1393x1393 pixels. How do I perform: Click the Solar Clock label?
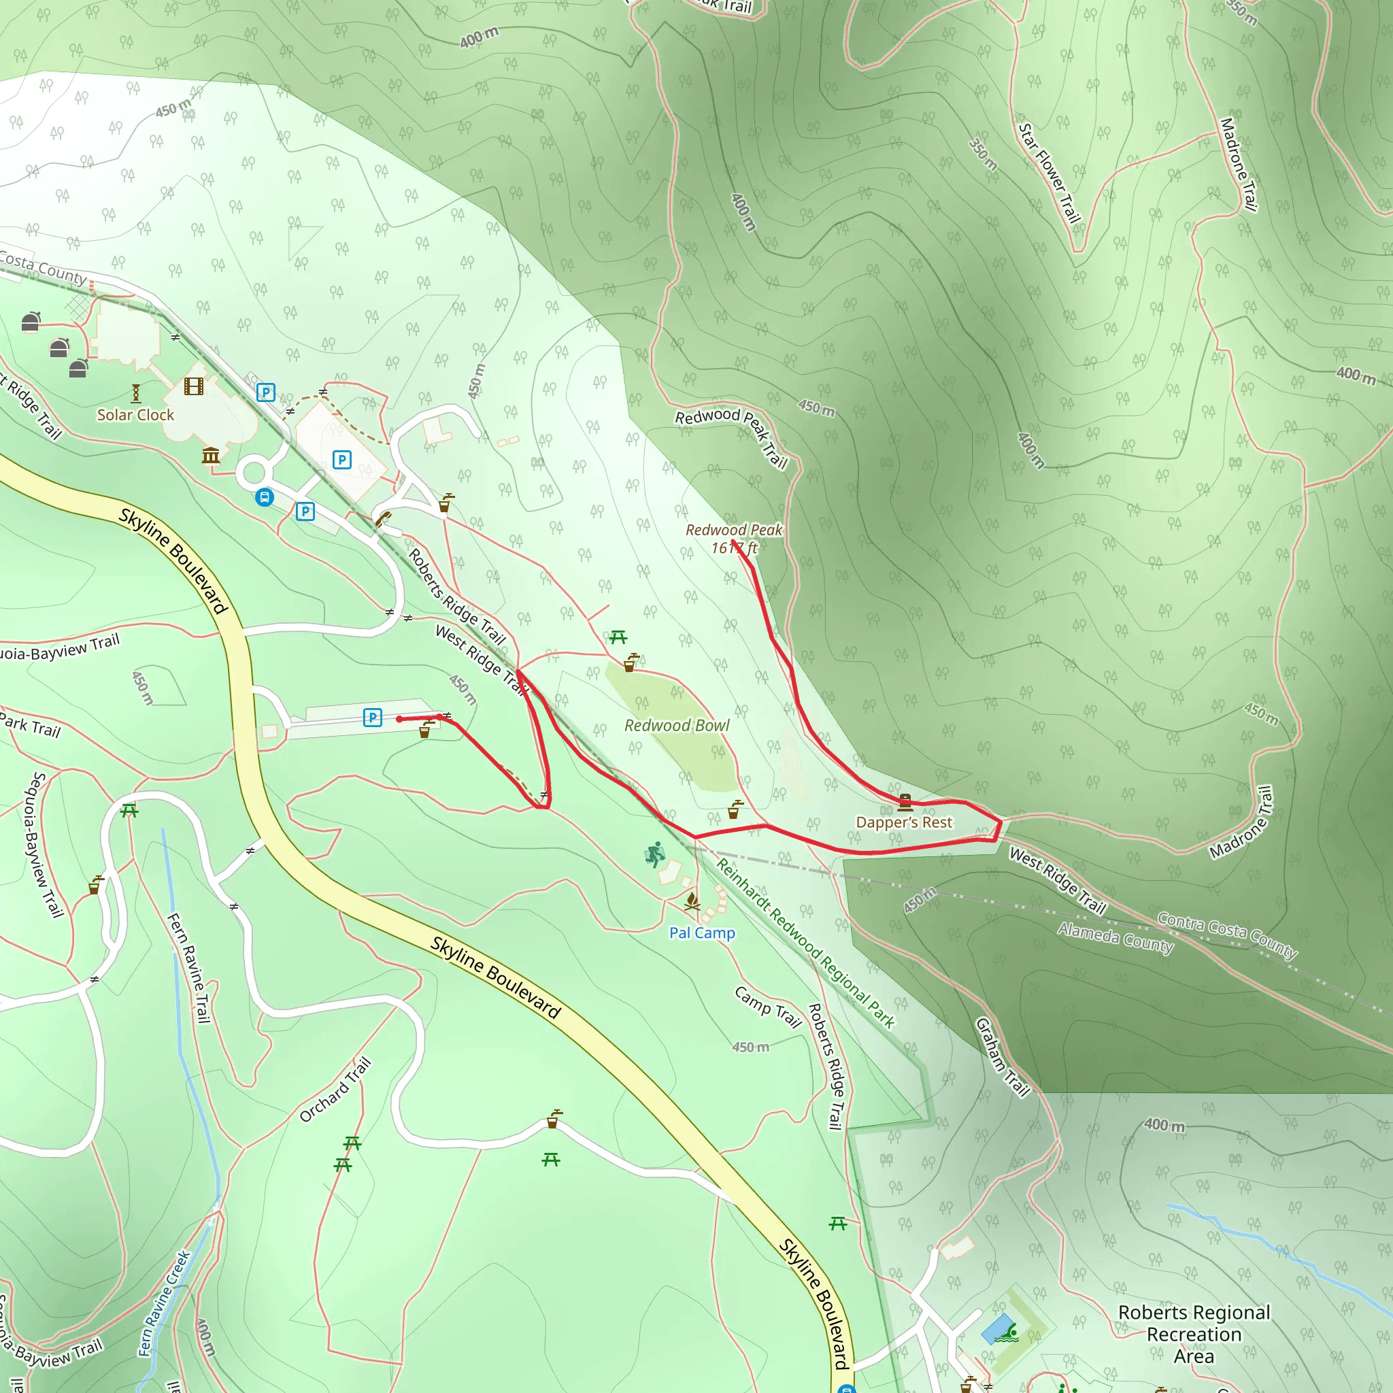click(x=135, y=415)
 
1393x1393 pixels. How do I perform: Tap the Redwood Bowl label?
click(x=676, y=725)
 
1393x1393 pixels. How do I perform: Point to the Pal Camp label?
click(x=701, y=933)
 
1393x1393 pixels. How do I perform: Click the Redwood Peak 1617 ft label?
click(x=733, y=539)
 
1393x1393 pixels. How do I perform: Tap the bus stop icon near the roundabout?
click(x=265, y=497)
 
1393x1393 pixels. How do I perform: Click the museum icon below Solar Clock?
click(x=211, y=455)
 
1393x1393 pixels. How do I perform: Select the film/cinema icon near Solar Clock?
click(x=193, y=386)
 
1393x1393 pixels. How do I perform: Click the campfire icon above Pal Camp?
click(x=692, y=901)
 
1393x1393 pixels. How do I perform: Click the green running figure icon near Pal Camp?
click(x=655, y=855)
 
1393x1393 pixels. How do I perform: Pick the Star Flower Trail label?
click(x=1049, y=173)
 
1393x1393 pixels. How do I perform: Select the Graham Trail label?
click(x=1002, y=1057)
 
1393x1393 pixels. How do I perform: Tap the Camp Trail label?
click(x=768, y=1007)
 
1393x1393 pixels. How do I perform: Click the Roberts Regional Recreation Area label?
click(x=1193, y=1334)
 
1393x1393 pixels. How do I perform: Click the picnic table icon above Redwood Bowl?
click(x=618, y=637)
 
